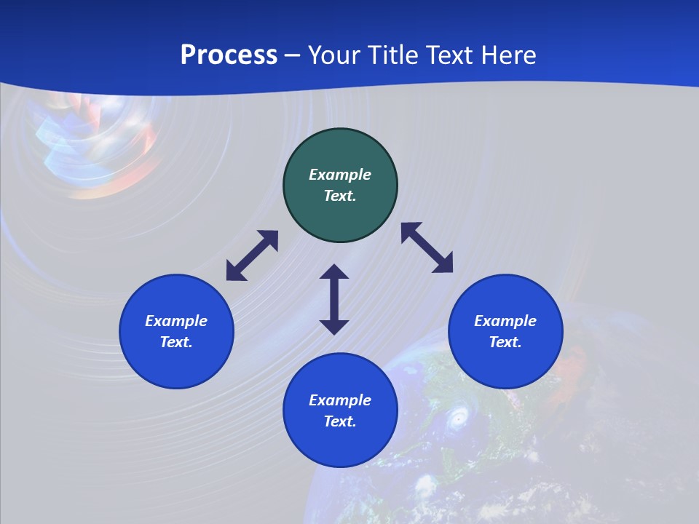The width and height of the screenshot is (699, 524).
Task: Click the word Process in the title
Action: (229, 55)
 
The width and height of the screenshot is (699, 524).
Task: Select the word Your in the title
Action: (335, 55)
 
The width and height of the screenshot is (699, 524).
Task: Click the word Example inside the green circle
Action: (340, 175)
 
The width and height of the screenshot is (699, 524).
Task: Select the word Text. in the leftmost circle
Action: (176, 342)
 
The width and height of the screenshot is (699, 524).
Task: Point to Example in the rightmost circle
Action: (505, 321)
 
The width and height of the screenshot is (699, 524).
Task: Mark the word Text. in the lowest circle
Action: (340, 421)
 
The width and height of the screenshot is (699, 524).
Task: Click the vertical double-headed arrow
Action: (334, 299)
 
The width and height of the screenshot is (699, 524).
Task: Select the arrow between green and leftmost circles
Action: (252, 255)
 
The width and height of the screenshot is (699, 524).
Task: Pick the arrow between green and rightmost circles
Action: (427, 247)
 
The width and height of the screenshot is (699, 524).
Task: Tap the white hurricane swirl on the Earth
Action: (458, 418)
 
